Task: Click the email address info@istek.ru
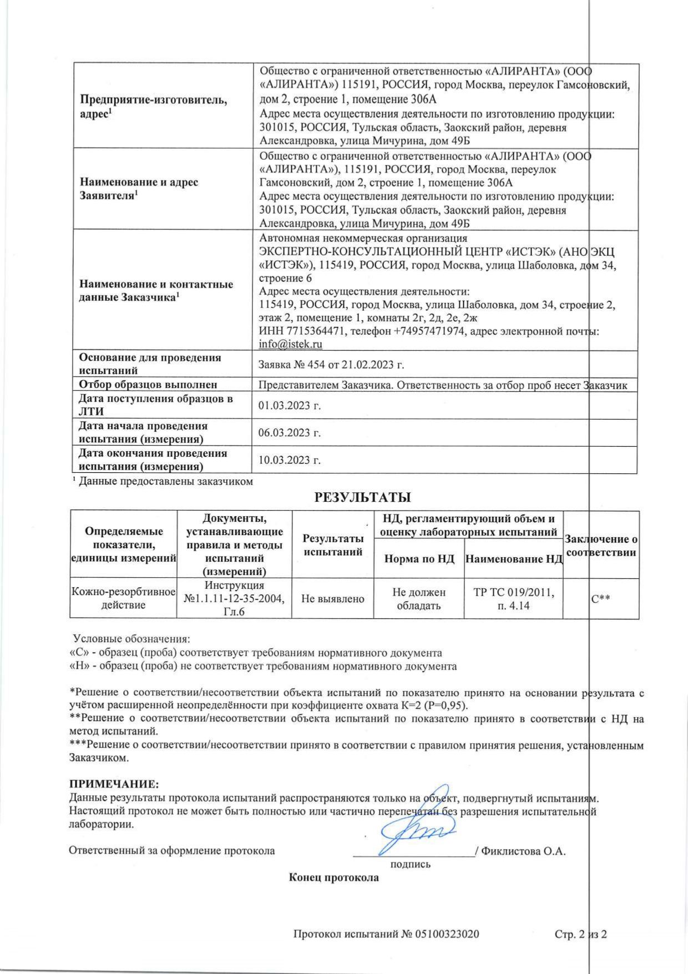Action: coord(291,344)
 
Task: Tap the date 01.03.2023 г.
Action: coord(290,406)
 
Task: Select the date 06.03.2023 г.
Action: coord(290,433)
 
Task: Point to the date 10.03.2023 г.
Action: coord(290,460)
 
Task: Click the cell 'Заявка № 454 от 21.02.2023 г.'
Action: coord(332,365)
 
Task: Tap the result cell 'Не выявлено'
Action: coord(333,598)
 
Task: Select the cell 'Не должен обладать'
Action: coord(419,598)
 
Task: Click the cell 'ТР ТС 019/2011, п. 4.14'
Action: coord(513,598)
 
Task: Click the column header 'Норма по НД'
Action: coord(419,559)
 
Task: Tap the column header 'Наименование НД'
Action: coord(514,559)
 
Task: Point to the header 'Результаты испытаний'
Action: coord(333,545)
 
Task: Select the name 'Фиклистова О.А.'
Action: coord(523,851)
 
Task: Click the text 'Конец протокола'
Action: coord(334,878)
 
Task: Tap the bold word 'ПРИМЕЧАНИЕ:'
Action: coord(114,784)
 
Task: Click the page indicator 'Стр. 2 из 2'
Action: coord(581,934)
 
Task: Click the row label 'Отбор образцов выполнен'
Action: coord(148,385)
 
